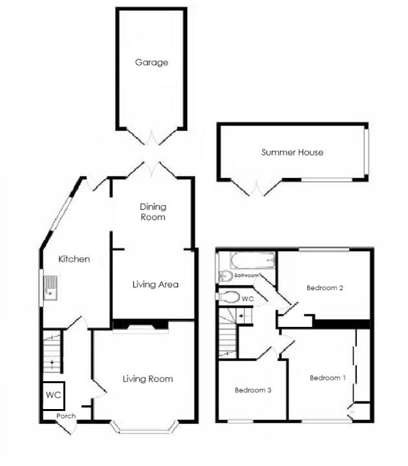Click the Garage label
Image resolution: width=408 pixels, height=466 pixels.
151,63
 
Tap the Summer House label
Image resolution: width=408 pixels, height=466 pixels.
292,153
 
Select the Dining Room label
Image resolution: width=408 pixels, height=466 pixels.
153,212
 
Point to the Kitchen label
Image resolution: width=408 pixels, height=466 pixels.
74,259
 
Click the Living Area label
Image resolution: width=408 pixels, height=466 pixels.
155,284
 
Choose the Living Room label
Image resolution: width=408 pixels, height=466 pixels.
148,379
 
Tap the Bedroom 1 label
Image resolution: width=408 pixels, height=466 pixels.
328,378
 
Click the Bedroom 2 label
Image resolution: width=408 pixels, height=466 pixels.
325,288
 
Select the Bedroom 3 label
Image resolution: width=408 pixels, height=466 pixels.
253,390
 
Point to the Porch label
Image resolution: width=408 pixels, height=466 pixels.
67,416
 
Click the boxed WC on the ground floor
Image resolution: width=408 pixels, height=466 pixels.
52,395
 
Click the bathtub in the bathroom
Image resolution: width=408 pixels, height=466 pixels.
253,261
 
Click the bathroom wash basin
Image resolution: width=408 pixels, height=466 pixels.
225,276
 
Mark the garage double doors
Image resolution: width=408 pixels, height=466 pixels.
151,137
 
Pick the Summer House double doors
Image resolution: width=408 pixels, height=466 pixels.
257,188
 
